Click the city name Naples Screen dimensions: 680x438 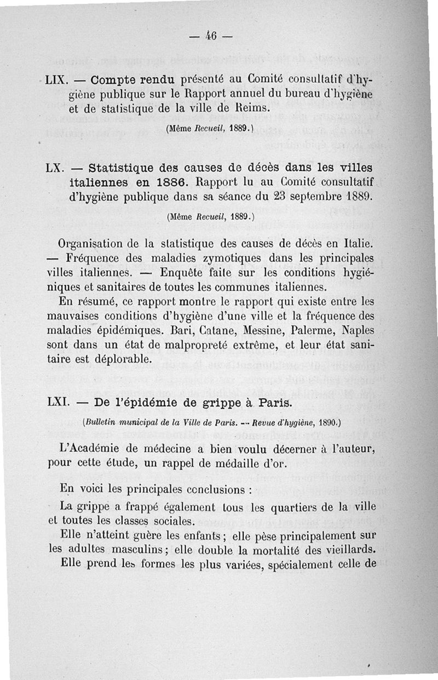click(357, 331)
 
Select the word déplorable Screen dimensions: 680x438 click(118, 360)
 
